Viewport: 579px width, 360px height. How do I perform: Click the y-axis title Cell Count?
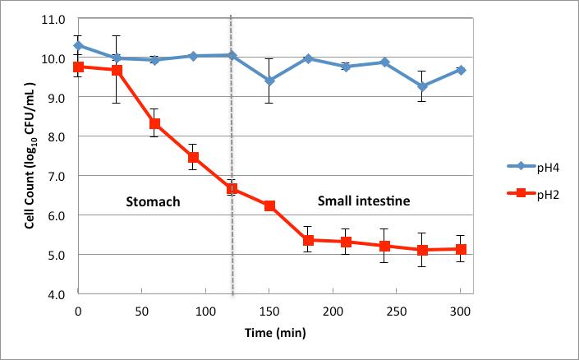(x=29, y=156)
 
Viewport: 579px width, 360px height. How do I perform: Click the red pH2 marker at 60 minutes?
(x=154, y=124)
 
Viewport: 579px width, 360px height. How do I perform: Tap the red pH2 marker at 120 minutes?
(x=232, y=189)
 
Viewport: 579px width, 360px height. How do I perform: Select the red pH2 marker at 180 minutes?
(x=308, y=240)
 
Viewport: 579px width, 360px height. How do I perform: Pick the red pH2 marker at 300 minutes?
(x=461, y=249)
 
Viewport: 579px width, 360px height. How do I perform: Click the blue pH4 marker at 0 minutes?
(x=78, y=46)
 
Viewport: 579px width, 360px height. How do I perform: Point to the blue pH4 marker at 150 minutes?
(x=269, y=81)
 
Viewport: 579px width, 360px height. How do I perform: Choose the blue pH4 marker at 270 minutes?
(x=422, y=86)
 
